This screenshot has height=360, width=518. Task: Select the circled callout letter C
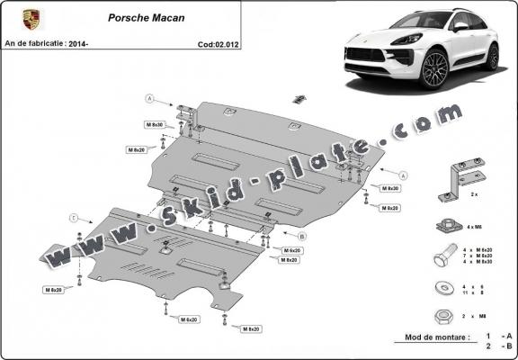click(74, 217)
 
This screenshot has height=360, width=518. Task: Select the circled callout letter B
click(302, 236)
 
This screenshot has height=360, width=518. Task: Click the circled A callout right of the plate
click(404, 174)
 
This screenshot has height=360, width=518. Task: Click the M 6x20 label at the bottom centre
click(188, 319)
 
